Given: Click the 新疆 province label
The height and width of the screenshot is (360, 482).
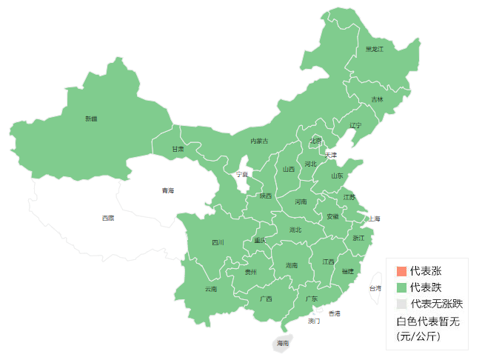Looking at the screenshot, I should coord(91,119).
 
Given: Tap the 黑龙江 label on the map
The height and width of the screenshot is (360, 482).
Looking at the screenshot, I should coord(375,49).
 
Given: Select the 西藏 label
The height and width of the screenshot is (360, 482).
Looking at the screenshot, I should coord(108,218).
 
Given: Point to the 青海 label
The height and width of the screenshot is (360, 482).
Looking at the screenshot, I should coord(168,191).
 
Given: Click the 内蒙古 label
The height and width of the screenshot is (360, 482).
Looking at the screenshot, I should coord(259,141).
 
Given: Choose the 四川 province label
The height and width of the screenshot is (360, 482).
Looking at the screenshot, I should coord(217,242).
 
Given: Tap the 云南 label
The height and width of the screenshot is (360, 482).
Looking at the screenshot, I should coord(211,289).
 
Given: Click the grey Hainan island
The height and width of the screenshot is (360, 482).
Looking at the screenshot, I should coord(282,343).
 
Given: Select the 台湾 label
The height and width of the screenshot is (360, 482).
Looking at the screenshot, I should coord(375,288).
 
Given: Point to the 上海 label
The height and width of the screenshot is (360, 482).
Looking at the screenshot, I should coord(374,219).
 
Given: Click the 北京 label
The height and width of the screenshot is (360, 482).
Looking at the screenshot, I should coord(316,141).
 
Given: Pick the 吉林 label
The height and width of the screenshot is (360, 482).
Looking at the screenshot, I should coord(377,99).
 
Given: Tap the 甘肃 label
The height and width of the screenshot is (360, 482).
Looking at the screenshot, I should coord(178,149).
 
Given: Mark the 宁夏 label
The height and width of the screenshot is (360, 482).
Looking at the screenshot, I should coord(242,175).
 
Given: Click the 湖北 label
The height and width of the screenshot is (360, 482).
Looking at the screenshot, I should coord(295,230).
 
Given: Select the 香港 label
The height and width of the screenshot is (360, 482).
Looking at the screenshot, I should coord(335,313).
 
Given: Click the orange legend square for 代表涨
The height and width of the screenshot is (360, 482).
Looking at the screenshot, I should coord(401,271).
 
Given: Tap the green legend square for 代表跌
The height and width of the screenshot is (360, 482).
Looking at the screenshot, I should coord(401,287).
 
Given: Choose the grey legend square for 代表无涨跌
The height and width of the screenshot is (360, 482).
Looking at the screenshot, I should coord(401,304).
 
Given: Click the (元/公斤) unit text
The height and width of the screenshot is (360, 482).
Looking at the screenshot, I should coord(418,336).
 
